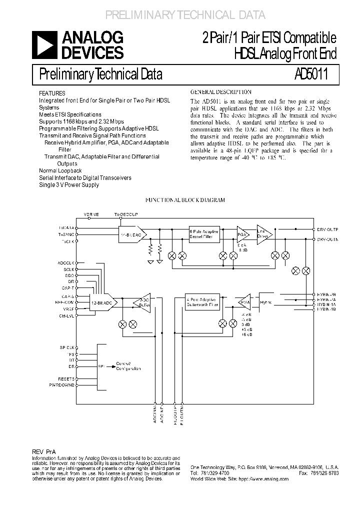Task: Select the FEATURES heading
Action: pyautogui.click(x=52, y=93)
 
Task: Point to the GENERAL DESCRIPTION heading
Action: pyautogui.click(x=221, y=92)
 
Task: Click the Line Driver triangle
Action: pyautogui.click(x=263, y=232)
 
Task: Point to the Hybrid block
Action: pyautogui.click(x=265, y=302)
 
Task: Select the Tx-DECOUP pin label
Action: pyautogui.click(x=125, y=213)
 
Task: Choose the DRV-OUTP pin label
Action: pyautogui.click(x=327, y=228)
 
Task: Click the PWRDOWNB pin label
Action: pyautogui.click(x=62, y=385)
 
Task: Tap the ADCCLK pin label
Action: pyautogui.click(x=66, y=262)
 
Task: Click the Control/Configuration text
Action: pyautogui.click(x=128, y=366)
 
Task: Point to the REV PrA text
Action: pyautogui.click(x=44, y=450)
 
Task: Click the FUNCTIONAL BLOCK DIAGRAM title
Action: pyautogui.click(x=185, y=200)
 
